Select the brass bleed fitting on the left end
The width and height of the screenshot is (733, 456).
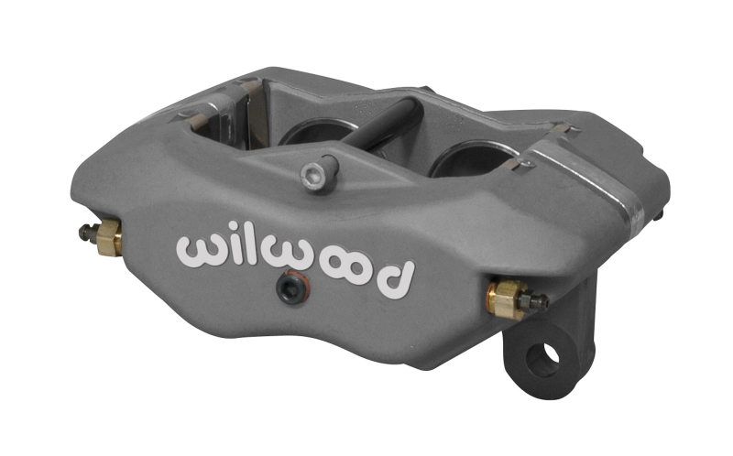tap(108, 236)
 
